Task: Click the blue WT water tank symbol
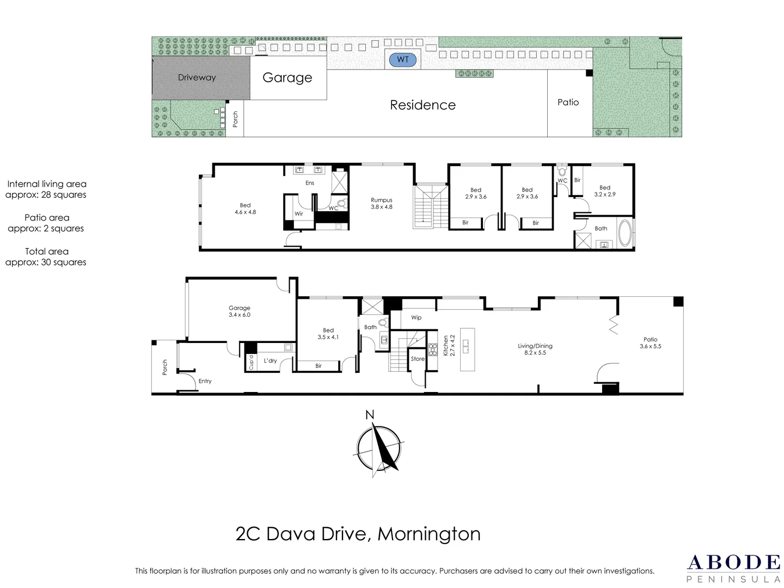pos(403,59)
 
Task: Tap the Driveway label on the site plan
pos(197,77)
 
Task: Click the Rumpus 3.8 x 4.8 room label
pos(382,204)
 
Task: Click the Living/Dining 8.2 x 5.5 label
pos(535,349)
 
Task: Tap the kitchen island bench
pos(467,349)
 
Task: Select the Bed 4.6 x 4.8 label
pos(245,209)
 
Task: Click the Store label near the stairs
pos(418,359)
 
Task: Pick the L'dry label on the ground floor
pos(271,360)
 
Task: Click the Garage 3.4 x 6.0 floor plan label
pos(240,311)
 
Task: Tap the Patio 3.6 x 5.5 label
pos(650,342)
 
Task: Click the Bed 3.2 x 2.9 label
pos(605,191)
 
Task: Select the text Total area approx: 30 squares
pos(46,256)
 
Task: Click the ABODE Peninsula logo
pos(733,568)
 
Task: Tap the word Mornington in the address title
pos(429,534)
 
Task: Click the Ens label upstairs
pos(309,183)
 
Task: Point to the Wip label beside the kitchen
pos(416,317)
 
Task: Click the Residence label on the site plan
pos(422,105)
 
